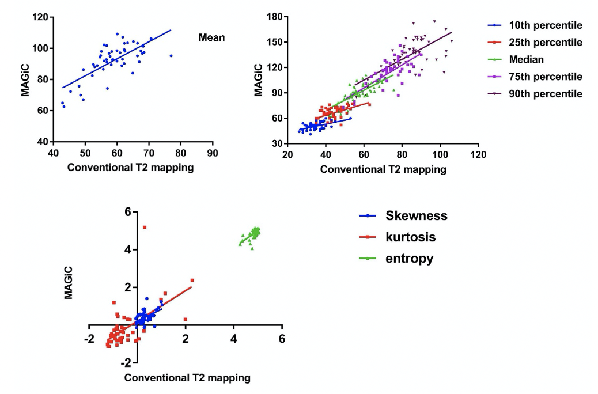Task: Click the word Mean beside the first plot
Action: point(211,38)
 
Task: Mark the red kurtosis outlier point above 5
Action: point(144,228)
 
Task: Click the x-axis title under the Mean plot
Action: point(130,168)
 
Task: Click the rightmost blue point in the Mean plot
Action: point(171,56)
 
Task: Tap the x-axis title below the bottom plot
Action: point(187,378)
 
